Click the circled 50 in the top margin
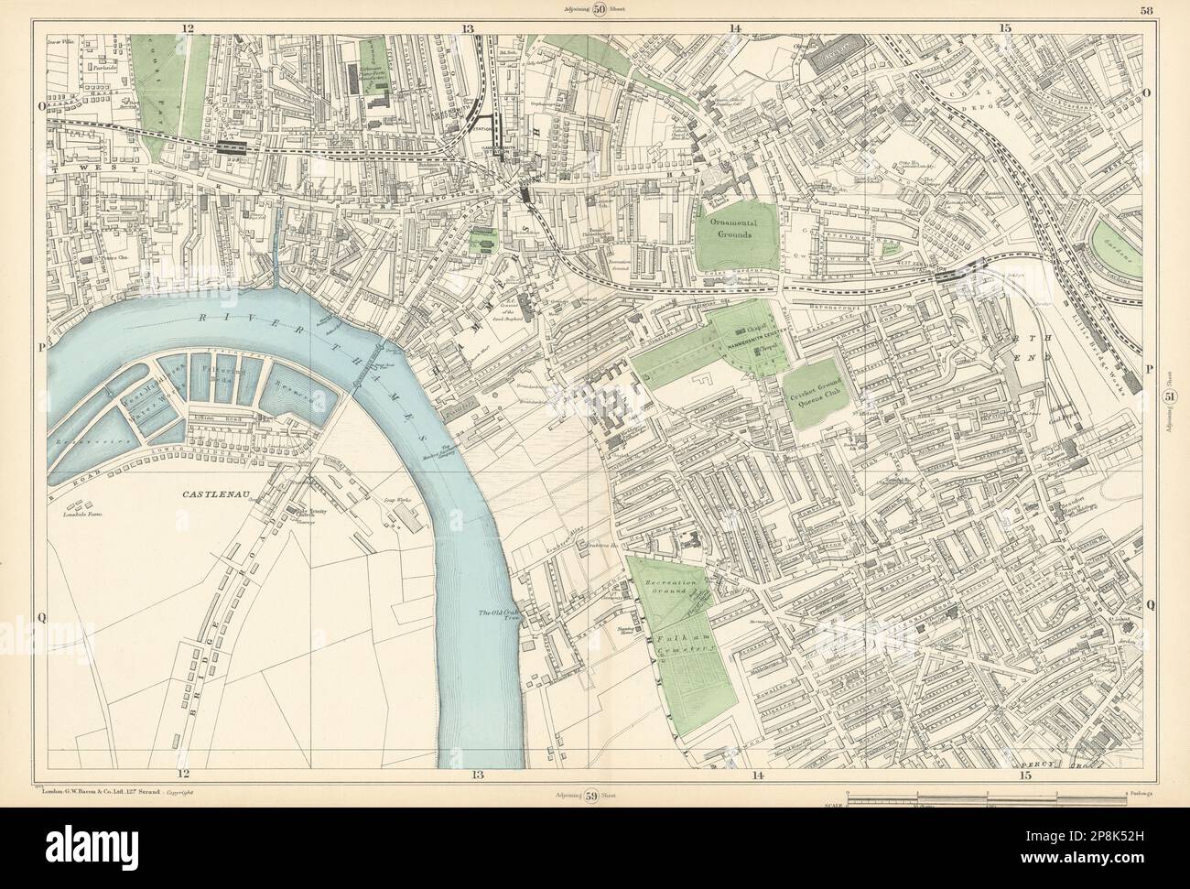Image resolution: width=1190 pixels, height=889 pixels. coord(599,11)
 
